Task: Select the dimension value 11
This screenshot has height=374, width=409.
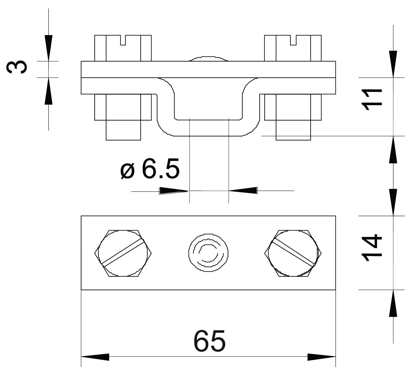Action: click(372, 100)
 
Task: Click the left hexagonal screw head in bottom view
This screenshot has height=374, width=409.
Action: click(123, 253)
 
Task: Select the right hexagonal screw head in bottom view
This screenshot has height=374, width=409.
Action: click(293, 253)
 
